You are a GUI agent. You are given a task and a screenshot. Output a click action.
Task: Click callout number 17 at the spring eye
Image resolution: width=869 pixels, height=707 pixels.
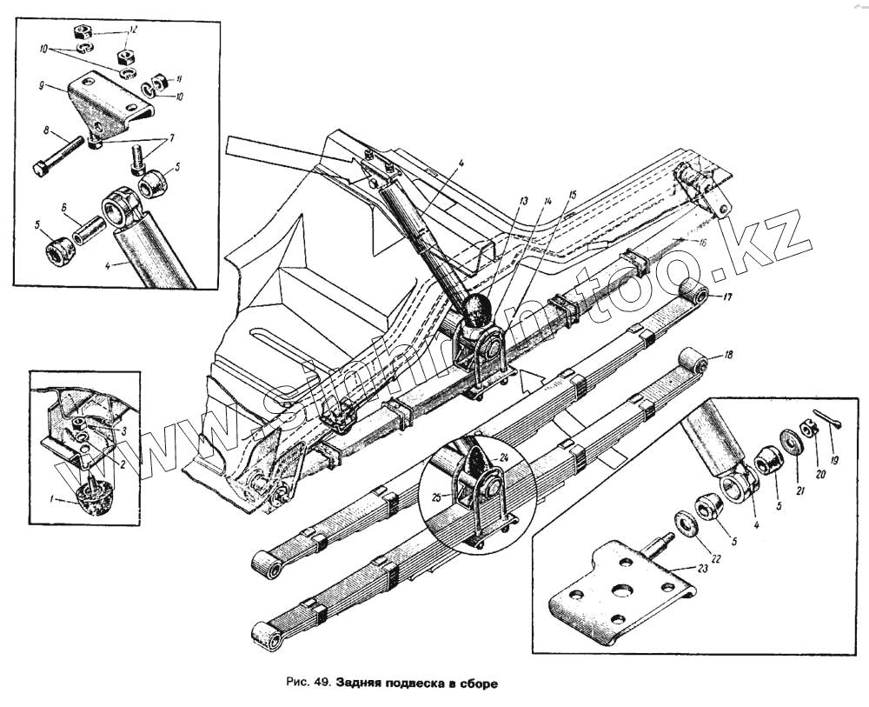[726, 298]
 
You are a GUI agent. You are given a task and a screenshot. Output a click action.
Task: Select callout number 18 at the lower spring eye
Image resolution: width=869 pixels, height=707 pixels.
[728, 356]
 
